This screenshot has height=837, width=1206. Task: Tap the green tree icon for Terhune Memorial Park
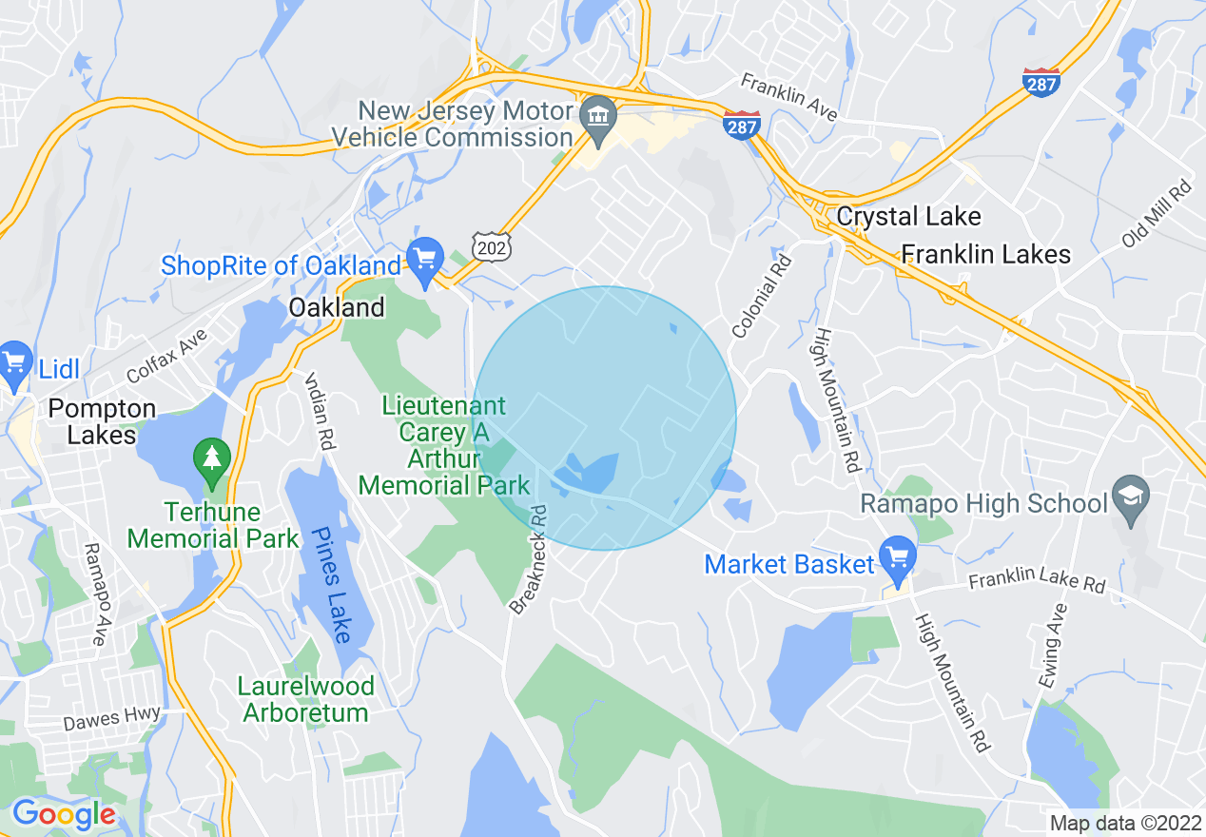[x=212, y=460]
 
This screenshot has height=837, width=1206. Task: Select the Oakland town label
[x=337, y=307]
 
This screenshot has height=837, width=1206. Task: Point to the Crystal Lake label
[x=908, y=217]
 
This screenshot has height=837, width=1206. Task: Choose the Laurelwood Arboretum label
[x=306, y=699]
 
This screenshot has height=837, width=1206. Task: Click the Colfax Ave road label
[x=166, y=356]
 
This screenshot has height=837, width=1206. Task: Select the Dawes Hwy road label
[x=112, y=718]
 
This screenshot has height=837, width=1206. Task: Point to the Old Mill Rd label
[x=1156, y=213]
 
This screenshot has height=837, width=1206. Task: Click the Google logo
[x=63, y=814]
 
